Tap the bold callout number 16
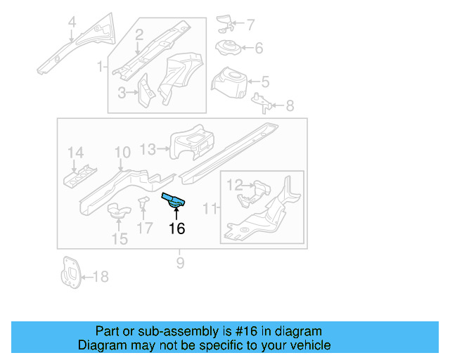(176, 229)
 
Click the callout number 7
(250, 25)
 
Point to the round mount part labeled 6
(225, 48)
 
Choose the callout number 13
(148, 148)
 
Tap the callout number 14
(75, 153)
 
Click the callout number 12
(234, 185)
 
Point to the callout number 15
(120, 239)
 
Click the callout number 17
(144, 228)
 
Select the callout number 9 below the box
(180, 263)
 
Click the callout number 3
(122, 92)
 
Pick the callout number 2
(139, 34)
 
